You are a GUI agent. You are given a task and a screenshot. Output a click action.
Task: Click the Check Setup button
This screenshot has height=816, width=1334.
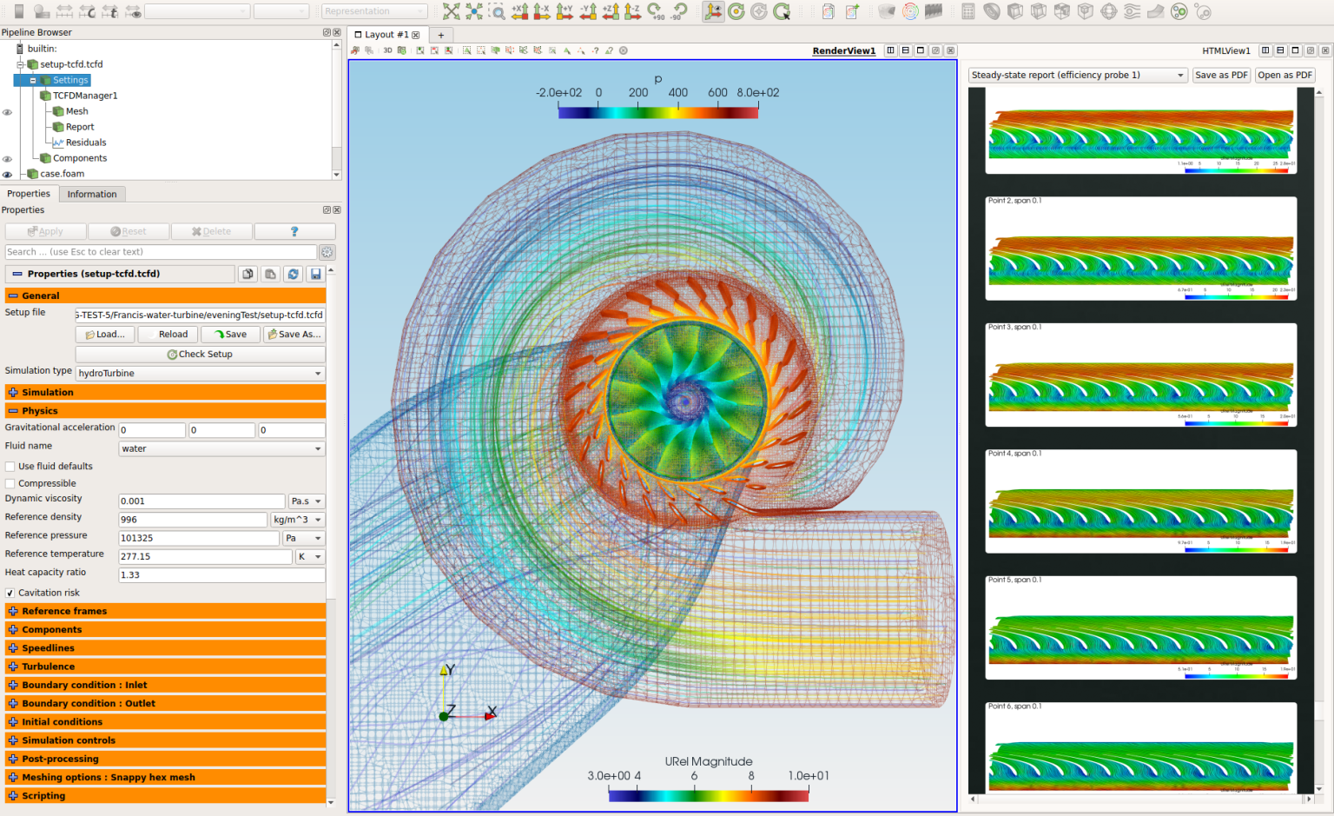click(200, 355)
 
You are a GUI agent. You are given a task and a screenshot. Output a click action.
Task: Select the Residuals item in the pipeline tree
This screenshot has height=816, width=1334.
click(86, 143)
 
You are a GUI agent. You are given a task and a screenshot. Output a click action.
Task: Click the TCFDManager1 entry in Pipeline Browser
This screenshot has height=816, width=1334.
click(84, 96)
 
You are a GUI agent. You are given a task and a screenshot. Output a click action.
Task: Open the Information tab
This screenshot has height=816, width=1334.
click(92, 194)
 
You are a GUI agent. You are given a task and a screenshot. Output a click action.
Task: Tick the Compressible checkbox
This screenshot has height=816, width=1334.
click(10, 484)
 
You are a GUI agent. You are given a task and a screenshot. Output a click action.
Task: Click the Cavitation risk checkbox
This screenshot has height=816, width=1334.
click(10, 594)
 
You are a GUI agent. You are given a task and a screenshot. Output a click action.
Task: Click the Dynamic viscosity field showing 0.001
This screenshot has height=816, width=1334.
click(201, 501)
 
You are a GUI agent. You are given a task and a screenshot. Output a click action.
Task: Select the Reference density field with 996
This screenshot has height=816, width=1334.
click(193, 520)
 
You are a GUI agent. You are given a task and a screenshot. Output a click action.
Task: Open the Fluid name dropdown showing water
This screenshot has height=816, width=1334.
click(221, 449)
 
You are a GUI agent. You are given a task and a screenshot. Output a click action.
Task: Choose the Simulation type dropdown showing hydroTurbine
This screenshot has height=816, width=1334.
click(200, 374)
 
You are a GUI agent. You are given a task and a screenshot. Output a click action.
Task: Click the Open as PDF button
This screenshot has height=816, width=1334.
click(1285, 76)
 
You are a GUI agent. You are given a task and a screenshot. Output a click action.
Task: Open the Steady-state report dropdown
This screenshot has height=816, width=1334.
click(1077, 76)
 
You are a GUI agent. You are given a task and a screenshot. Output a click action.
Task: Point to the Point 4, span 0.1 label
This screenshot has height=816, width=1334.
click(1014, 454)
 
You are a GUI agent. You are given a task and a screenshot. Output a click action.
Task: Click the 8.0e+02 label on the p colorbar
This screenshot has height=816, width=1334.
click(758, 93)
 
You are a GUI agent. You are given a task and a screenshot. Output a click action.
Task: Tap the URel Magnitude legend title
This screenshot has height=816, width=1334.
click(709, 761)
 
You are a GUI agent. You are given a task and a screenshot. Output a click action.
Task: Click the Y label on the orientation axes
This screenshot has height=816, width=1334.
click(449, 670)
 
